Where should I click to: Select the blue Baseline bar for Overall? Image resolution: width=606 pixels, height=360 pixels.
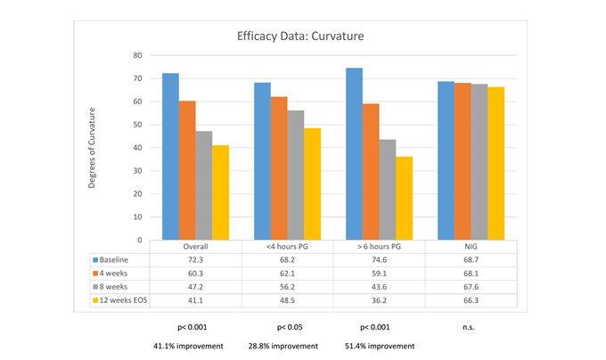coord(169,156)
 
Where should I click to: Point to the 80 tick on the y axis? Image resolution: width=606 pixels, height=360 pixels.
coord(137,55)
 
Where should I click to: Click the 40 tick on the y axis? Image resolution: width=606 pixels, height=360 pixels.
coord(137,148)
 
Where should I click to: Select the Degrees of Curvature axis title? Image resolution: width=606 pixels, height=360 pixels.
coord(92,148)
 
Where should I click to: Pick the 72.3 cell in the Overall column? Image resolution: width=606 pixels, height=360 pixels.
coord(196,259)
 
